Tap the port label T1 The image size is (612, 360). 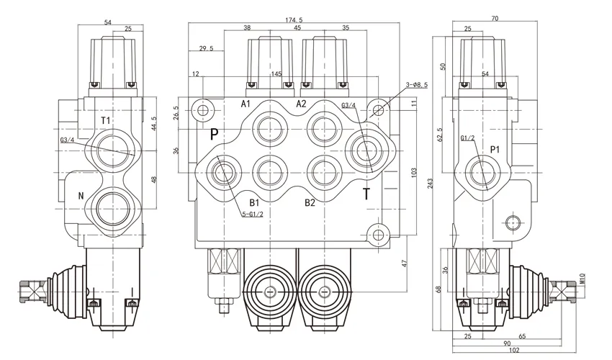coord(105,120)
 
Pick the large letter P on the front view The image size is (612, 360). coord(214,135)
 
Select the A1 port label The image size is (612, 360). coord(246,104)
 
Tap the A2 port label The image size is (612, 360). coord(302,104)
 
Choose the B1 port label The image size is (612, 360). coord(254,202)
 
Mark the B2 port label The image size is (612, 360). coord(310,202)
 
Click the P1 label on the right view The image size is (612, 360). coord(495,150)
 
